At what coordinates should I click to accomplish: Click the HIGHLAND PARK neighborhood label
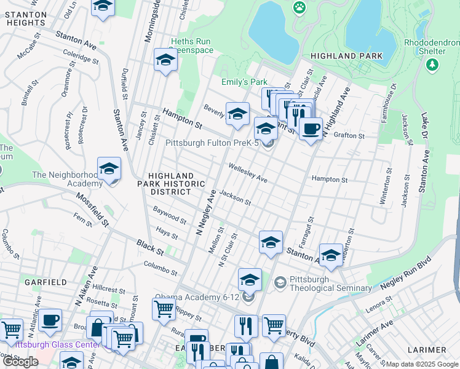click(347, 56)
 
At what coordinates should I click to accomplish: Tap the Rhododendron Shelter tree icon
click(433, 64)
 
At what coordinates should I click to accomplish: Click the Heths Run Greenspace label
click(191, 46)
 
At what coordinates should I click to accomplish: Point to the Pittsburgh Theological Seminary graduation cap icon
click(280, 282)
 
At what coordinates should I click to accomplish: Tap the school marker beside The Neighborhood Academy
click(109, 169)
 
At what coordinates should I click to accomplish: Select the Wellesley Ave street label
click(248, 172)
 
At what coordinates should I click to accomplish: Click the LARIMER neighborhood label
click(426, 350)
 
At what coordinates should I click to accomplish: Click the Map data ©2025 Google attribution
click(422, 364)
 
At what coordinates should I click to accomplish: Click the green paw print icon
click(299, 7)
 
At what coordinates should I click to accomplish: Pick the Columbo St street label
click(161, 268)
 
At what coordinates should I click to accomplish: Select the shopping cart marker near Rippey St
click(163, 309)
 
